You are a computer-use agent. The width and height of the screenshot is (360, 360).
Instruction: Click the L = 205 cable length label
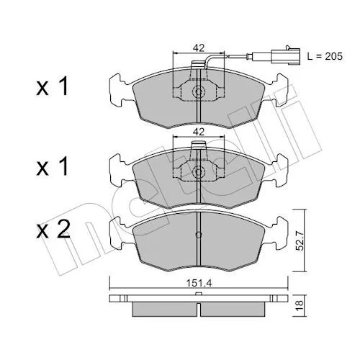tap(325, 57)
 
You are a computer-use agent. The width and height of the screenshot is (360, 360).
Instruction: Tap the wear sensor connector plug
tap(285, 57)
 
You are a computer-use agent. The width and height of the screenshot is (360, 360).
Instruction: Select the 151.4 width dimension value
tap(199, 284)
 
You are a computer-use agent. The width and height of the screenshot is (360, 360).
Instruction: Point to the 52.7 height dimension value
tap(300, 240)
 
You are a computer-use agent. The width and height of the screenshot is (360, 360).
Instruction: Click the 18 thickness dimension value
tap(300, 306)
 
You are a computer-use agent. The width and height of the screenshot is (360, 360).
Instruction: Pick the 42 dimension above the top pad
tap(199, 48)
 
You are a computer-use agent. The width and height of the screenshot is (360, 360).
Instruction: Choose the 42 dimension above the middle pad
tap(199, 132)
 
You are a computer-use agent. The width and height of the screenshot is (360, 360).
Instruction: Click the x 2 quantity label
tap(53, 230)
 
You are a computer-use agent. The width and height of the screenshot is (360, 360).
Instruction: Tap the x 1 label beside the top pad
tap(53, 86)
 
